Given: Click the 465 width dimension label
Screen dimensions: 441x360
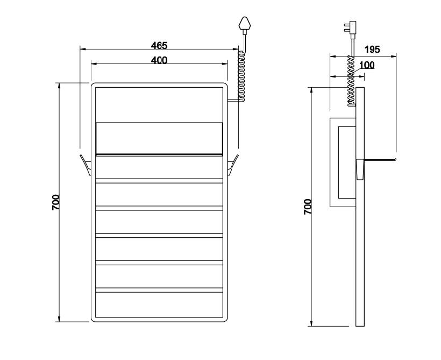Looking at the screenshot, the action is click(x=159, y=45).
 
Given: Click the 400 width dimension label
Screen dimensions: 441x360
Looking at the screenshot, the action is click(x=159, y=60).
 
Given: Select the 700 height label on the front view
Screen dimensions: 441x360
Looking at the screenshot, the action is click(x=56, y=202).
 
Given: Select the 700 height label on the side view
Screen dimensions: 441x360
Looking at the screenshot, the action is click(x=308, y=207).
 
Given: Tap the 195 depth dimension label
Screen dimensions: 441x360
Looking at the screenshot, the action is click(x=372, y=50).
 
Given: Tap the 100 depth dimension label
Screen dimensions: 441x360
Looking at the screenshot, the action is click(x=367, y=65).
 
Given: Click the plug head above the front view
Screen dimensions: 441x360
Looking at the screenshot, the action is click(x=245, y=23).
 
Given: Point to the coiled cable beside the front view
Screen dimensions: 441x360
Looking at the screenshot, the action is click(x=241, y=76).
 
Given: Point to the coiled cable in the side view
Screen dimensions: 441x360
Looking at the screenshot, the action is click(x=351, y=81).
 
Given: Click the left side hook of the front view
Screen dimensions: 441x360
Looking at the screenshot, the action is click(x=86, y=165).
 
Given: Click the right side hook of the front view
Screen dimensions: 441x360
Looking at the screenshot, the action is click(x=233, y=165).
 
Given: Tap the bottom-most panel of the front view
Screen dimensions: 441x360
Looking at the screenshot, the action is click(x=159, y=305).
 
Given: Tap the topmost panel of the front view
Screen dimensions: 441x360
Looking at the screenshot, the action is click(x=159, y=105).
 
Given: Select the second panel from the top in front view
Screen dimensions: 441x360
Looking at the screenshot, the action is click(x=159, y=138).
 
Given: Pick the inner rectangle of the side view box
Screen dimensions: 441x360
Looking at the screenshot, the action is click(x=338, y=163).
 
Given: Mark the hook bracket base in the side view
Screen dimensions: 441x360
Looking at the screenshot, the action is click(x=360, y=169).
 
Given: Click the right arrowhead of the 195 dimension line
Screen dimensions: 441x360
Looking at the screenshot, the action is click(x=393, y=57).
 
